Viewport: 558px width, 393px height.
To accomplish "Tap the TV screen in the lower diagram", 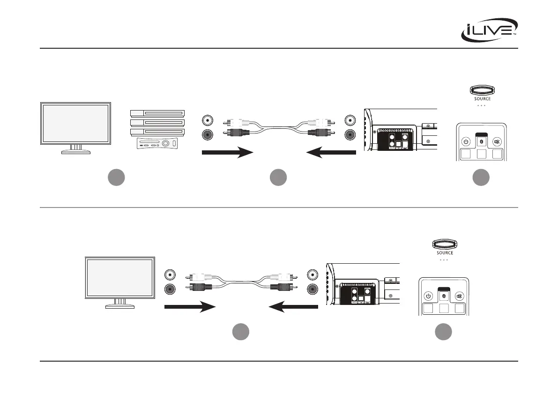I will pyautogui.click(x=120, y=277).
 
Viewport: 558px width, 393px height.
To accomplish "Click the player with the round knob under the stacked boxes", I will pyautogui.click(x=157, y=143).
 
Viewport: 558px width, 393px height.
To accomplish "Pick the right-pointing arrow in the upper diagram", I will pyautogui.click(x=227, y=152).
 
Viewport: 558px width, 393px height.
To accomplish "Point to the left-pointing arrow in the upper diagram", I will pyautogui.click(x=330, y=152).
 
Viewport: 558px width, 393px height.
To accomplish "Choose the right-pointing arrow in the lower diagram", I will pyautogui.click(x=189, y=307).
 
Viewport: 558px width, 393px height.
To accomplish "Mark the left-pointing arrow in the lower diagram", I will pyautogui.click(x=294, y=307).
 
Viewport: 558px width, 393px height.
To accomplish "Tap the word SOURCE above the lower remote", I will pyautogui.click(x=445, y=253).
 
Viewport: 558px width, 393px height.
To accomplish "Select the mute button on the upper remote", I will pyautogui.click(x=496, y=141).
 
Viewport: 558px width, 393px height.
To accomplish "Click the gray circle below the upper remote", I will pyautogui.click(x=481, y=178).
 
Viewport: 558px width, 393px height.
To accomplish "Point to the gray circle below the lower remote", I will pyautogui.click(x=443, y=332).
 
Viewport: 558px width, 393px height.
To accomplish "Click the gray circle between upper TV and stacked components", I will pyautogui.click(x=116, y=178).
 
